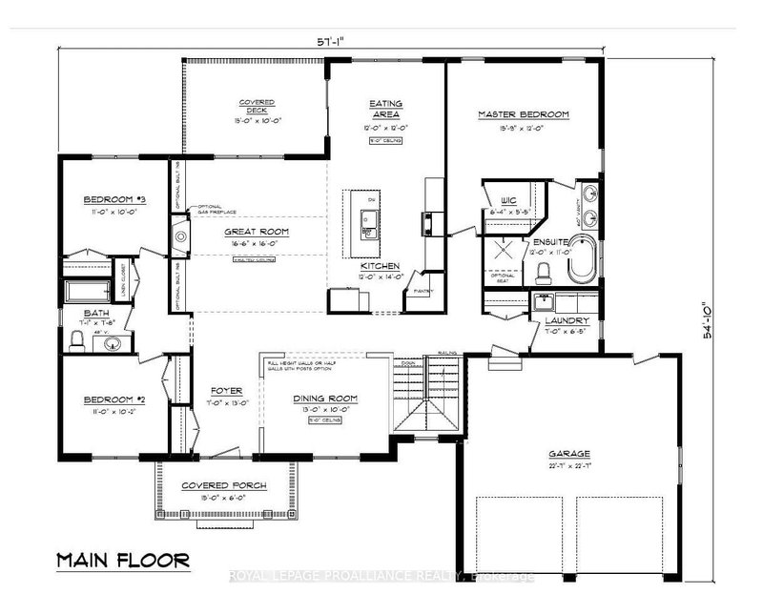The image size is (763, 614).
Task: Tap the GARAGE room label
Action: [x=569, y=454]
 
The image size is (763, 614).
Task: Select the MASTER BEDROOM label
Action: [x=523, y=114]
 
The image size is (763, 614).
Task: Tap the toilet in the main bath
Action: [x=77, y=338]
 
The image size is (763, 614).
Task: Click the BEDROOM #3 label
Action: [x=113, y=198]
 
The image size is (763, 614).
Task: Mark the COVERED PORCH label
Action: [x=224, y=485]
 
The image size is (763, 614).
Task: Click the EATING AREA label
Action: [x=385, y=106]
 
